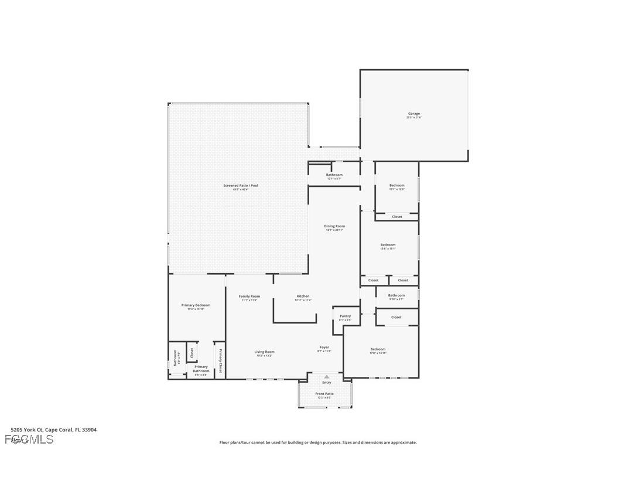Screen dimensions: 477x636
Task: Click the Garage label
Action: pos(413,114)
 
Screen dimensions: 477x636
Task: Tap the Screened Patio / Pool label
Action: pos(240,186)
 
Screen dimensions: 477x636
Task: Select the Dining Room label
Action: pos(334,226)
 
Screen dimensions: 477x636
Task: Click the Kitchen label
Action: pos(303,297)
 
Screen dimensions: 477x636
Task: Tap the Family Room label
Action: pos(249,297)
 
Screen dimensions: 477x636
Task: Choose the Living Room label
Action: pos(264,352)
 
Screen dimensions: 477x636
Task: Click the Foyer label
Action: pos(324,347)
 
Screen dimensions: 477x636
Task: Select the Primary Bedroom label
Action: pos(196,305)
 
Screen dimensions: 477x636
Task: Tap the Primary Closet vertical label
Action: pos(220,360)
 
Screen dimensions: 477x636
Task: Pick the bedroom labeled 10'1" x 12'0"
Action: pos(396,186)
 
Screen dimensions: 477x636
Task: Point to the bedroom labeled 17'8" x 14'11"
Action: pos(378,350)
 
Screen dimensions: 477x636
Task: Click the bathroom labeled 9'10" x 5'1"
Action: pos(396,296)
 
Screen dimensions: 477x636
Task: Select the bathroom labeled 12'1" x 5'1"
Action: pos(334,175)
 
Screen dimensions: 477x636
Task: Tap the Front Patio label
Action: pos(324,394)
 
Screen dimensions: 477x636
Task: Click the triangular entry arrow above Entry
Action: pos(327,376)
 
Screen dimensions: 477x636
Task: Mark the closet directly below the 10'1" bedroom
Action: pos(397,217)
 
